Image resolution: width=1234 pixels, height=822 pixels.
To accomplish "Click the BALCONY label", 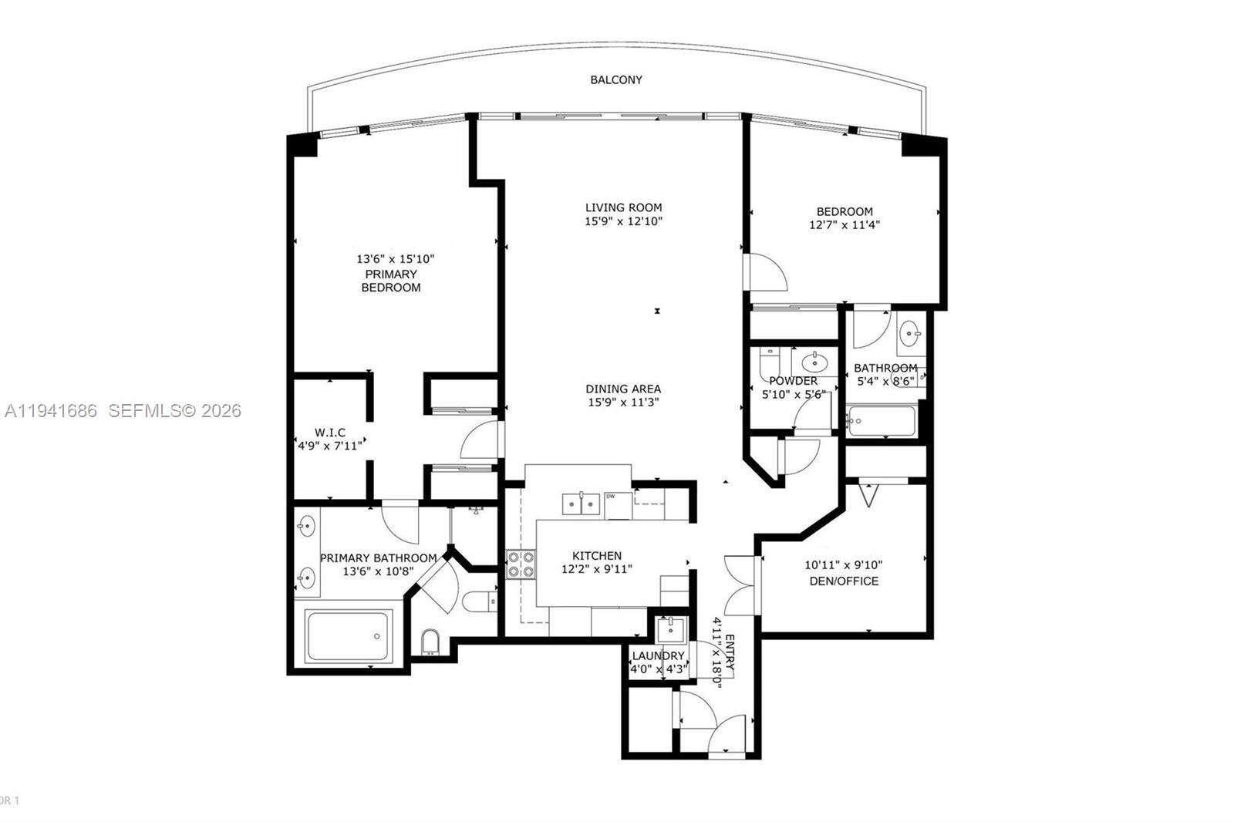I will coord(615,79).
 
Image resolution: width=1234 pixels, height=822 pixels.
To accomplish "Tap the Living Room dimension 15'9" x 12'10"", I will coord(623,221).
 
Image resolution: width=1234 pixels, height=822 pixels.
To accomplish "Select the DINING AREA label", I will coord(623,389).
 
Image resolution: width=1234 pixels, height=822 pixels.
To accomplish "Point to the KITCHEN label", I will coord(596,555).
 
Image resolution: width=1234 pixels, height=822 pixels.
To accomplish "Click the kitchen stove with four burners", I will coord(521,564).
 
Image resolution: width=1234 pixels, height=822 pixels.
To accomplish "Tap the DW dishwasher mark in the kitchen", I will coord(610,496).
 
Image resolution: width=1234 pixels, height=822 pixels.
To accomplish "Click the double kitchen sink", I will coord(581,504).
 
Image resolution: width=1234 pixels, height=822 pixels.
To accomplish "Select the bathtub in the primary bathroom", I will coord(349,635).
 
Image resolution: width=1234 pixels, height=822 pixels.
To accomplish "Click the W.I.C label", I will coord(329,433).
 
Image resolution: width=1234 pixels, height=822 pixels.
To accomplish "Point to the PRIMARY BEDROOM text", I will coord(391,281).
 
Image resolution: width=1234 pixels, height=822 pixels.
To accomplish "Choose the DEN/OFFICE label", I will coord(844,581).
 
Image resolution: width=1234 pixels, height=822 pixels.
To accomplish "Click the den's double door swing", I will coord(739,585).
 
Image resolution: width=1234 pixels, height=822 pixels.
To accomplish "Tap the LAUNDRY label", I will coord(658,655).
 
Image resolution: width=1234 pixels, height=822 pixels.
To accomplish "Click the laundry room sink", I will coord(669,628).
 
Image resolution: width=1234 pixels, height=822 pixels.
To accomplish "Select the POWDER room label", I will coord(793,381).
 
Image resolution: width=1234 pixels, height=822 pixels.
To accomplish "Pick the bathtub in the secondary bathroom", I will coord(880,421).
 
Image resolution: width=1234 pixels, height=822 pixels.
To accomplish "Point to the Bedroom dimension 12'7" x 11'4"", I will coord(845,225).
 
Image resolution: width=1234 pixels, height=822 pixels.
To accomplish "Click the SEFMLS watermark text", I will coord(174,411).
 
